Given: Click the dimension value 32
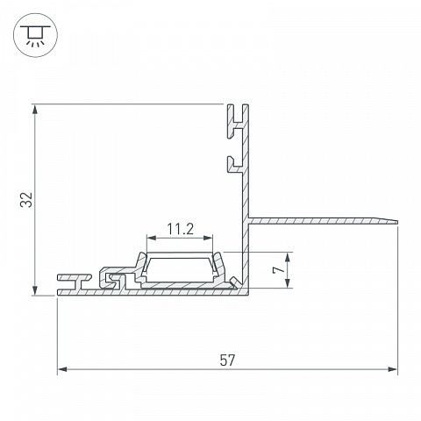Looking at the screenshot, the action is (x=26, y=200).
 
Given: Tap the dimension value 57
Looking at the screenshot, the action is (x=227, y=360).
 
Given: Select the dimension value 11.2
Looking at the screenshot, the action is (x=180, y=229).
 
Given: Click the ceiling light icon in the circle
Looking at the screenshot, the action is (x=35, y=35).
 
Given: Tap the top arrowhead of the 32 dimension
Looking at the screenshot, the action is (x=35, y=110).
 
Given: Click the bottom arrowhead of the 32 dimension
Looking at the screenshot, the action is (x=35, y=290).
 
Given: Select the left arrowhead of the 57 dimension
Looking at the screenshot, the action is (x=62, y=369).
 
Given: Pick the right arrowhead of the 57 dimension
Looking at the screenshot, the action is (x=392, y=369).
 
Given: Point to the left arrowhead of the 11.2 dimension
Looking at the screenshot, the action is (x=152, y=238).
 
